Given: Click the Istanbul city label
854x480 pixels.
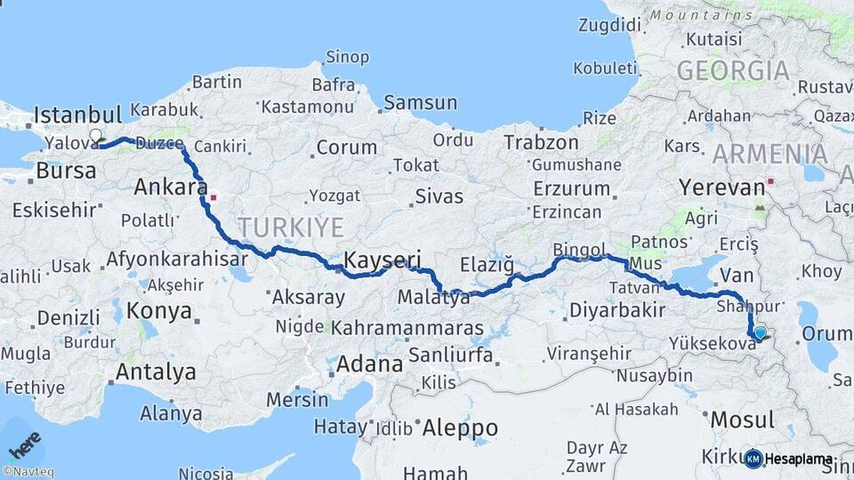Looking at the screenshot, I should click(77, 115).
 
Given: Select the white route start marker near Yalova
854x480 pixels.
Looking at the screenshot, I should click(95, 136).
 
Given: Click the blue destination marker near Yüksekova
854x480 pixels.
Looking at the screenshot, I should click(760, 333).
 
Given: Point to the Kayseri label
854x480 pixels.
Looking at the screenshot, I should click(382, 260).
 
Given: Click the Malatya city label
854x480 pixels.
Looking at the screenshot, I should click(434, 298).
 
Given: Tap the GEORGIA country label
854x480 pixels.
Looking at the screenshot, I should click(733, 71).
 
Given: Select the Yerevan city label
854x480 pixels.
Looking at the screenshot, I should click(721, 188).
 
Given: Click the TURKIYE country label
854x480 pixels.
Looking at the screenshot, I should click(290, 228).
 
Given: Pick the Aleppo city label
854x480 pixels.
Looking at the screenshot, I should click(459, 428).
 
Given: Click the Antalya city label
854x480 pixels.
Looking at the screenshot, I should click(156, 372).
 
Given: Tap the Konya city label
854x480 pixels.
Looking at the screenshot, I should click(159, 311).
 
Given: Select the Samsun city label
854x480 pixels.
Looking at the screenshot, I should click(420, 102).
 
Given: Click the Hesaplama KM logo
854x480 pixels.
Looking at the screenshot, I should click(790, 459).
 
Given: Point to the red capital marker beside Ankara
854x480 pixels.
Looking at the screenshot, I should click(213, 189).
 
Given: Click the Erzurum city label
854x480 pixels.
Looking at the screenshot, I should click(571, 188).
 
